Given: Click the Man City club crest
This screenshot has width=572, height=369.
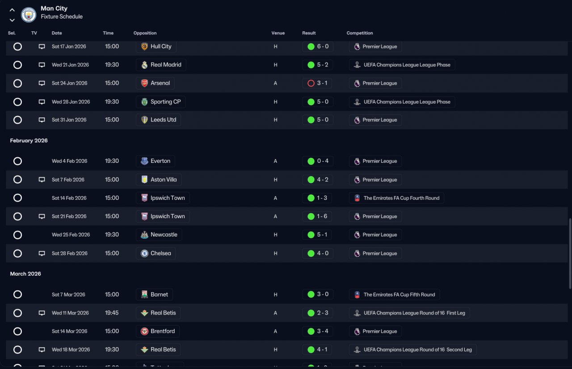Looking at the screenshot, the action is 29,15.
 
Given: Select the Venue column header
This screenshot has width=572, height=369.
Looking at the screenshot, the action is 278,33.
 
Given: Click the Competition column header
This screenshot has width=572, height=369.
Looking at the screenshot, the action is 360,33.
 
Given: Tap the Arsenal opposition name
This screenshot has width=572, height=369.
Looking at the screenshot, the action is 160,83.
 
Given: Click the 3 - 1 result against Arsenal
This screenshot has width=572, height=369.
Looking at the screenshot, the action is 322,83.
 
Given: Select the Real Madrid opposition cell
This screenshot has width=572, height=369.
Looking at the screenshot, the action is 161,65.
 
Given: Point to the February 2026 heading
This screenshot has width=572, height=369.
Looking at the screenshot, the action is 29,141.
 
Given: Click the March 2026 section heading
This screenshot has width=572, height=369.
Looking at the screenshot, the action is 25,274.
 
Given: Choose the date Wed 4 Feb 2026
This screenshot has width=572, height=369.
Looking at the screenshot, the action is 69,161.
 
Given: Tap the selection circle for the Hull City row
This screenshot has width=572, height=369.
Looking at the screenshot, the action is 17,47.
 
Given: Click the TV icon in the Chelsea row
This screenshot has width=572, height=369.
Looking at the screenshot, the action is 42,253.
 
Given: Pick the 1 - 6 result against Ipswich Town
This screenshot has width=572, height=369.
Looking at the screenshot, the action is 322,216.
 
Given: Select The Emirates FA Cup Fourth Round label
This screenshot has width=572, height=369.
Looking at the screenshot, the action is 401,198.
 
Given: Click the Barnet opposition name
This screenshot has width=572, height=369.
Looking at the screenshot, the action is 159,294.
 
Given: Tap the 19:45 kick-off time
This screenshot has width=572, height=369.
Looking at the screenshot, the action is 112,313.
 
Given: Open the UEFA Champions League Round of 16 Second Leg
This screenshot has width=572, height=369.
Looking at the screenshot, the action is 417,350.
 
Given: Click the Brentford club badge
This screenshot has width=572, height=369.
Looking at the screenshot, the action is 144,331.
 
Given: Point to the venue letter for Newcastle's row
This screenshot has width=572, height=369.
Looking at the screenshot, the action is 275,235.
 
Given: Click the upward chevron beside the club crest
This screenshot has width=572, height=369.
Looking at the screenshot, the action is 12,10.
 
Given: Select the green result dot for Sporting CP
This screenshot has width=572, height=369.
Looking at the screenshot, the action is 311,102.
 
